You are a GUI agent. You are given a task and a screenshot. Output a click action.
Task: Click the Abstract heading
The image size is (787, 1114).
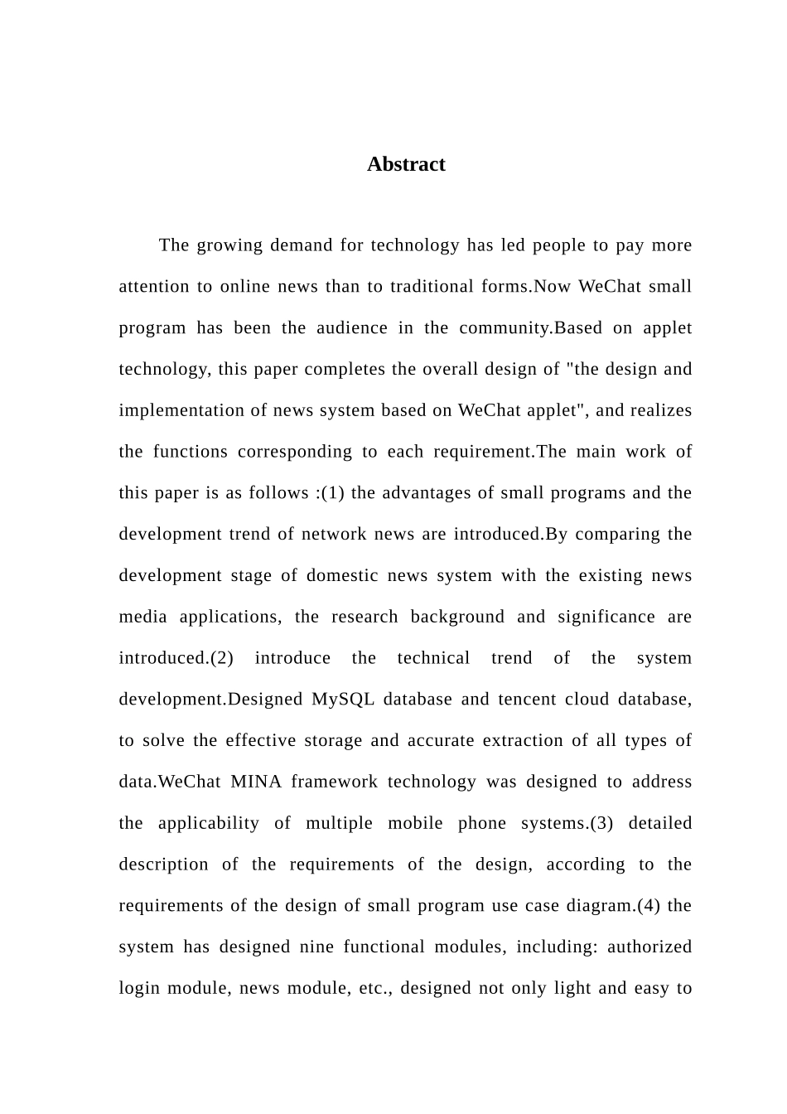tap(406, 164)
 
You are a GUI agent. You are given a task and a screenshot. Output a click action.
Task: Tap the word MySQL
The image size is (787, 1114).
tap(343, 700)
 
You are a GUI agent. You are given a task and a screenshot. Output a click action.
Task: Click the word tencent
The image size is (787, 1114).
tap(527, 700)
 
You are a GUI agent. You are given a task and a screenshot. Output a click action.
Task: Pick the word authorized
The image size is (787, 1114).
tap(649, 947)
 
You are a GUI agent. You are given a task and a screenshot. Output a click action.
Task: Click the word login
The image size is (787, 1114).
tap(139, 989)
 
